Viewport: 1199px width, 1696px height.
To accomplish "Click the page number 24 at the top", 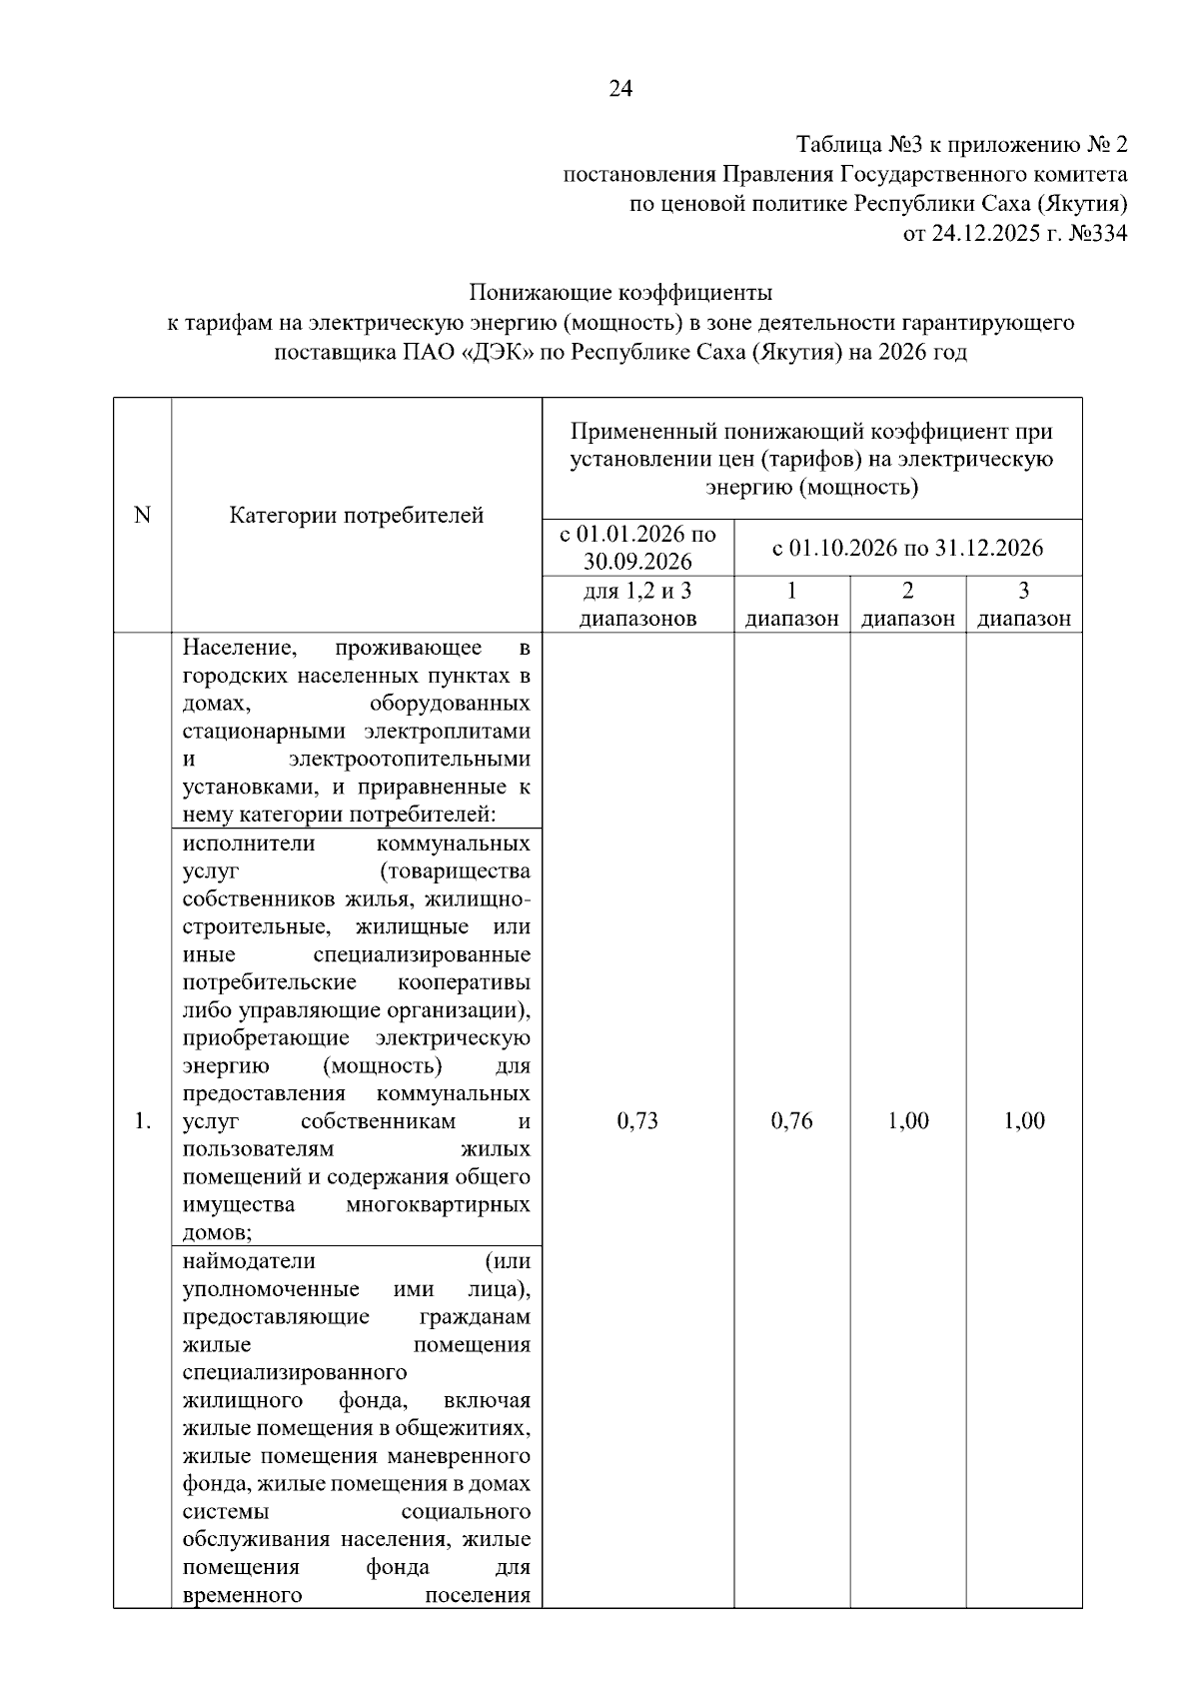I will [x=619, y=90].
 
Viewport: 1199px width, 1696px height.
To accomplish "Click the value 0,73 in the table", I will [x=637, y=1120].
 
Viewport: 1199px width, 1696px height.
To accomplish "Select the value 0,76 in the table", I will [x=791, y=1120].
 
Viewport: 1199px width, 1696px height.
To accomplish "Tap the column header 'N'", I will [x=142, y=515].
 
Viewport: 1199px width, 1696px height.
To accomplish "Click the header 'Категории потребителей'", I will [x=357, y=515].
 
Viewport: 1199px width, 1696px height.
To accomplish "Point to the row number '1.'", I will [x=142, y=1121].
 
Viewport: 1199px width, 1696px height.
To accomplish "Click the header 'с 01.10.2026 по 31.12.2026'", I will [x=907, y=548].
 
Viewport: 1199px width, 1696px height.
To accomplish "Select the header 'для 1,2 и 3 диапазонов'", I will [x=637, y=604].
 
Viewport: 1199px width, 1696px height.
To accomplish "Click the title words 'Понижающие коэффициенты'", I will [x=620, y=294].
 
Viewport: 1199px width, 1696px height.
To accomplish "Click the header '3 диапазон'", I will [x=1023, y=604].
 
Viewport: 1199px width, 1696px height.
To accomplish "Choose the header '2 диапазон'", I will [x=907, y=604].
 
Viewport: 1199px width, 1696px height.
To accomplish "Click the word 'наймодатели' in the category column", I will [x=249, y=1260].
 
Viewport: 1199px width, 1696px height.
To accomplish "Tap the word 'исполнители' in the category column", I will [x=249, y=844].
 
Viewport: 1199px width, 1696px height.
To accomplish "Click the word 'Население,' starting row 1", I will [x=239, y=648].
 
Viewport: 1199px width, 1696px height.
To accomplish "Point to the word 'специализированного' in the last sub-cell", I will [x=295, y=1372].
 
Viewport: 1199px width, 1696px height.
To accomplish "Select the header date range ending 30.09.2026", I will [x=637, y=548].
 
